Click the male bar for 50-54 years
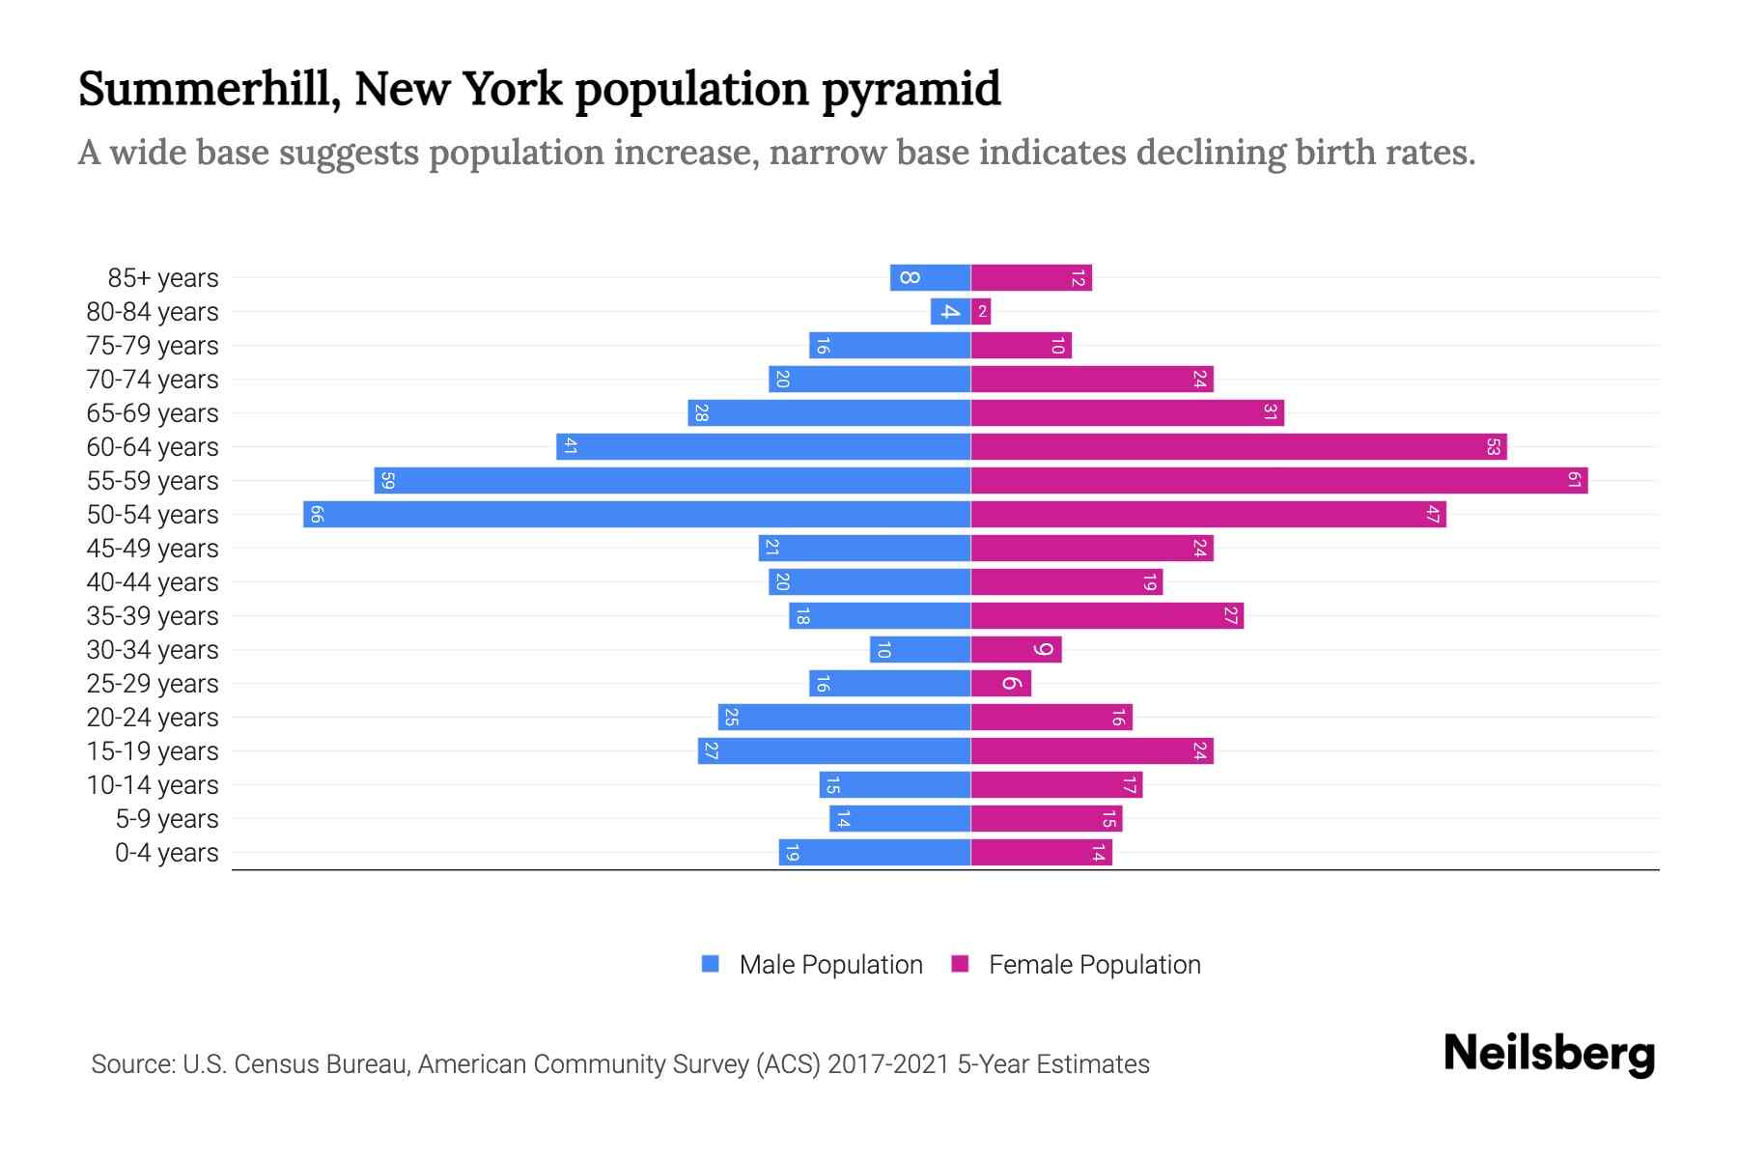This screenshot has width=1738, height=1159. click(637, 514)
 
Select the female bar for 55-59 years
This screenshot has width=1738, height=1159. click(1279, 480)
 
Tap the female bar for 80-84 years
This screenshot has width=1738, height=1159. click(981, 311)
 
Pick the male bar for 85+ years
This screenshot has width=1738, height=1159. click(930, 277)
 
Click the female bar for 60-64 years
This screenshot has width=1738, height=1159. click(1239, 446)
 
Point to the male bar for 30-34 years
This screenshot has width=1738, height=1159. click(920, 649)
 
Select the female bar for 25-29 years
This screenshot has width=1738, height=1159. click(1001, 683)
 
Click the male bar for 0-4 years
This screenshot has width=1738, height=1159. click(875, 852)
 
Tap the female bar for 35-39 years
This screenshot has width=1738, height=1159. click(1107, 615)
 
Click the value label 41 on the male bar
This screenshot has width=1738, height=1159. click(571, 446)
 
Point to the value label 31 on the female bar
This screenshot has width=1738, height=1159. click(1270, 412)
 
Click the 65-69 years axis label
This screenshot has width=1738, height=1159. click(153, 413)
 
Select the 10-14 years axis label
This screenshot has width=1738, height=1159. click(153, 785)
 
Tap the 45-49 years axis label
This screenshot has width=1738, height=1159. click(153, 549)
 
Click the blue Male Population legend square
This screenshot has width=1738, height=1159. click(711, 964)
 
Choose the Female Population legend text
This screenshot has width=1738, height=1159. click(1094, 964)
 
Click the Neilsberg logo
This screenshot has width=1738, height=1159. click(1549, 1054)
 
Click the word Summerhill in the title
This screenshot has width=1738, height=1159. click(209, 89)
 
